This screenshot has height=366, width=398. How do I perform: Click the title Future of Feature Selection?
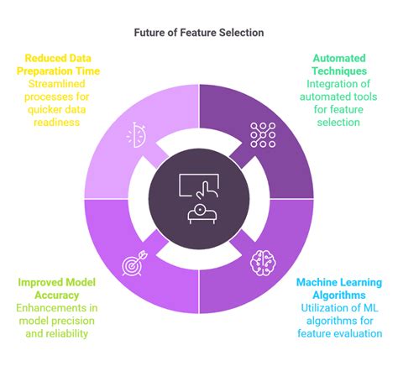coord(199,33)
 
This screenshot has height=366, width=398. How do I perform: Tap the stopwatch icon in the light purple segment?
coord(136,135)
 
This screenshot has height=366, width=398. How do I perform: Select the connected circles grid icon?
coord(263,135)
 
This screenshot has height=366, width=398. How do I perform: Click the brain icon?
coord(263,263)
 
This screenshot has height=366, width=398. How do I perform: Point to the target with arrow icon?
coord(134,263)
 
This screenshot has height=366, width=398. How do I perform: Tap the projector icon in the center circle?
coord(202,214)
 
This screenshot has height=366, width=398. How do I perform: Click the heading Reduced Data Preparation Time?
coord(58,65)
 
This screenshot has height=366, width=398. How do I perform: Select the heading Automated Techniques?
coord(339,65)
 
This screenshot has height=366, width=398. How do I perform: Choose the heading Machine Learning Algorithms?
coord(339,289)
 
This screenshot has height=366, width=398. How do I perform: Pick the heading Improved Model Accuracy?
coord(57,289)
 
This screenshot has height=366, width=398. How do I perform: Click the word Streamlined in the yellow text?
coord(57,84)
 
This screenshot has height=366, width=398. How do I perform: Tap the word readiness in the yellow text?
coord(57,123)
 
